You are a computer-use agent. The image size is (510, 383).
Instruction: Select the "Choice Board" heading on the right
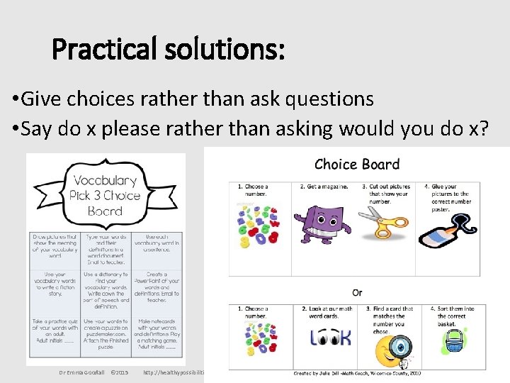(x=357, y=165)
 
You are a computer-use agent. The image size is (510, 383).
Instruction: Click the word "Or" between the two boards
(x=357, y=293)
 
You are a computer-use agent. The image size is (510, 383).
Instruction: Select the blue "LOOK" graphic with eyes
(x=330, y=338)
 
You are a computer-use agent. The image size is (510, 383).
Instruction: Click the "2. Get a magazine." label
(x=324, y=187)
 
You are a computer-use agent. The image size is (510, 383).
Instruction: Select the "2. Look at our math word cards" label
(x=328, y=313)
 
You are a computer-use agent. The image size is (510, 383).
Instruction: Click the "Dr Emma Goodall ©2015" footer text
(x=93, y=372)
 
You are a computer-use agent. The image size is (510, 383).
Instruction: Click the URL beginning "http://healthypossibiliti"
(x=174, y=372)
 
